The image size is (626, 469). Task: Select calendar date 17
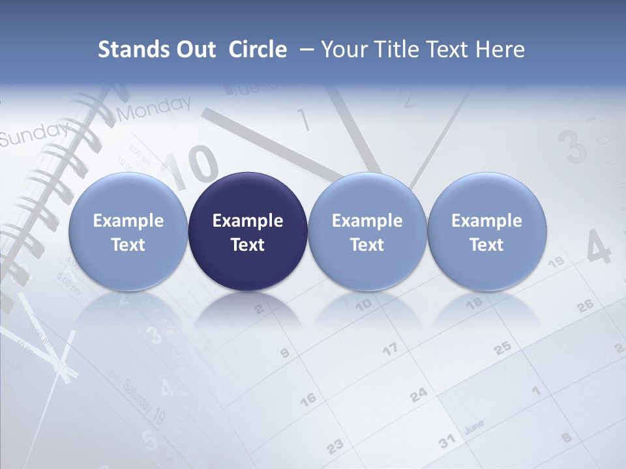click(389, 350)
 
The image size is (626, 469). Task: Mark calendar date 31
click(447, 441)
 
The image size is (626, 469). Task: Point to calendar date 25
click(502, 349)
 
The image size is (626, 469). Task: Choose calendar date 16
click(308, 399)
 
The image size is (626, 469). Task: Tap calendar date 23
click(335, 446)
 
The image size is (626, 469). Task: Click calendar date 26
click(585, 305)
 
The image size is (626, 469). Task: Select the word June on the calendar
click(474, 427)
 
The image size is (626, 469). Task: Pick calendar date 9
click(284, 354)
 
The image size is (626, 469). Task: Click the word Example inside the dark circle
click(248, 221)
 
